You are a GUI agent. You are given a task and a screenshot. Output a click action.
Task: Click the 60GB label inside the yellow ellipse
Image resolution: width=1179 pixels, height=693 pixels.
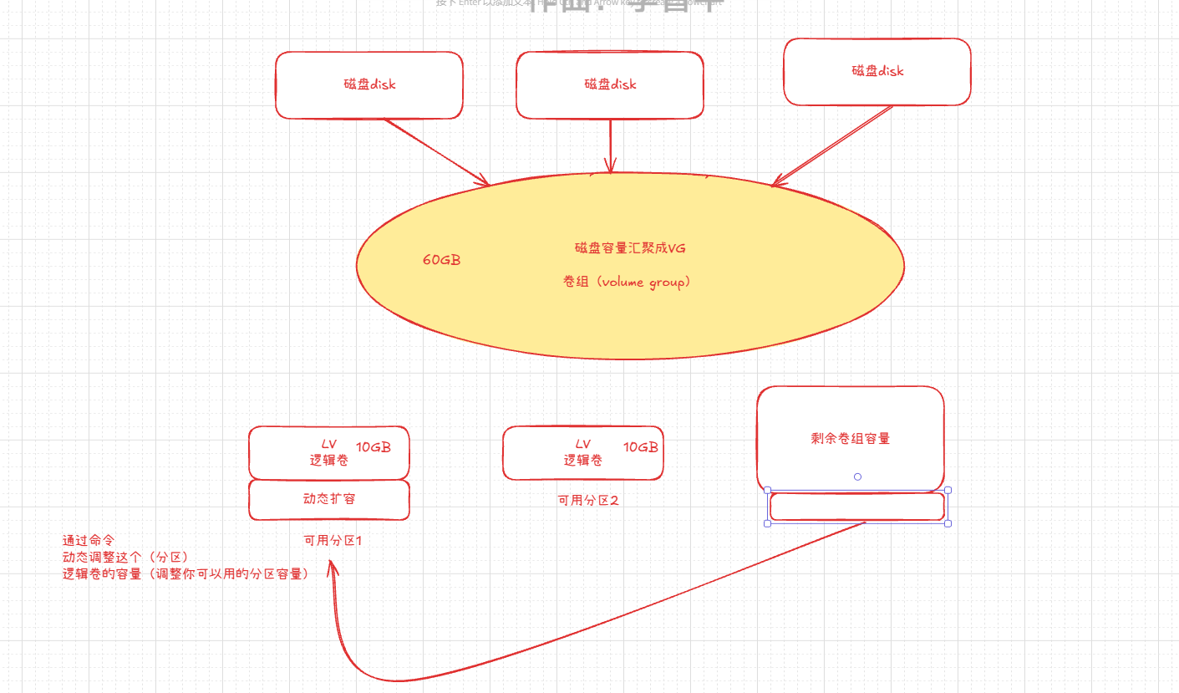(441, 260)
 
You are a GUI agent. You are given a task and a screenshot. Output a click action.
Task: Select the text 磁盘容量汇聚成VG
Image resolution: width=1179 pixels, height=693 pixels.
(630, 248)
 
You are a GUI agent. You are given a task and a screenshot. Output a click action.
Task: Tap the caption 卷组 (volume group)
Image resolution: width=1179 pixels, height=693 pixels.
(627, 283)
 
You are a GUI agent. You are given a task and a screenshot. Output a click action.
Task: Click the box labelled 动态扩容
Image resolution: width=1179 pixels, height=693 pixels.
(329, 499)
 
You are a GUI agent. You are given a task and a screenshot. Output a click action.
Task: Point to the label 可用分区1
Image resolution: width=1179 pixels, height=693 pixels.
(333, 541)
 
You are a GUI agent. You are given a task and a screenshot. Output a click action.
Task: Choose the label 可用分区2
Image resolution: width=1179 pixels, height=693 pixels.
(588, 501)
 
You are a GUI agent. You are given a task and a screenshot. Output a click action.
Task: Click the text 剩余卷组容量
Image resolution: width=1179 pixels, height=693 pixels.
(850, 439)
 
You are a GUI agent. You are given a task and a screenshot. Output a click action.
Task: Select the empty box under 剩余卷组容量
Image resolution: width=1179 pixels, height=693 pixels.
(856, 507)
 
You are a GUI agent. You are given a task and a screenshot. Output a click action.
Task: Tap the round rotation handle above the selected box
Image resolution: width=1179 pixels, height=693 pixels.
(857, 476)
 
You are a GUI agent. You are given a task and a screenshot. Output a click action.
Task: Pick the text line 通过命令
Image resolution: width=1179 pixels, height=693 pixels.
(89, 541)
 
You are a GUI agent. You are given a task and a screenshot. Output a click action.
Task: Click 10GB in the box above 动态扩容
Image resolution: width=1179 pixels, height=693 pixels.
(373, 446)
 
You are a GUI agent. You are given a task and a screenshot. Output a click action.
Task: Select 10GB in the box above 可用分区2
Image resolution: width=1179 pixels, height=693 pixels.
(640, 447)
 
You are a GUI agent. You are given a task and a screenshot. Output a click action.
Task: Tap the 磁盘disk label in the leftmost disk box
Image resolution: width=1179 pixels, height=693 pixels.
(369, 84)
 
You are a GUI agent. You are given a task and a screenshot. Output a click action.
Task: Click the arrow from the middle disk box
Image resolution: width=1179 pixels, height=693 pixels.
(611, 146)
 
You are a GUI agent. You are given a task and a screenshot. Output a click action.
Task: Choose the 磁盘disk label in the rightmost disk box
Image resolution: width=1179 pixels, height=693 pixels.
(877, 71)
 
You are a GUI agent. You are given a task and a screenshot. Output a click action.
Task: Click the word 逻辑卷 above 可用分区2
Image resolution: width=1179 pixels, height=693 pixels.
(583, 460)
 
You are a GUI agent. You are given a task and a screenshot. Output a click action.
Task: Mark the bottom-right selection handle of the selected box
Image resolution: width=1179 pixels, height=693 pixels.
(948, 523)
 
